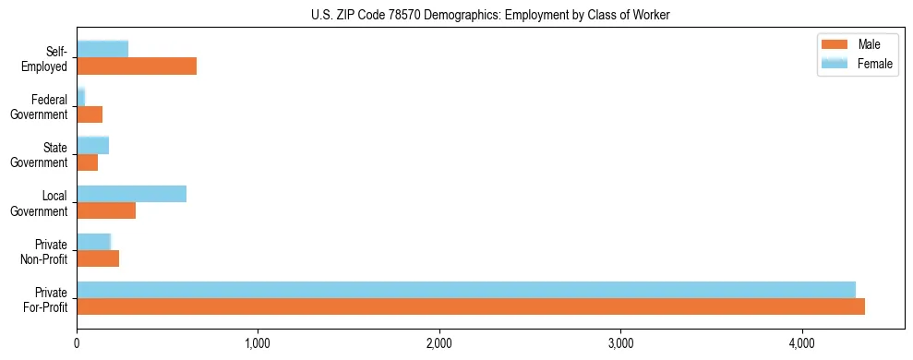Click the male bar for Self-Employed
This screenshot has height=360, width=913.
tap(137, 66)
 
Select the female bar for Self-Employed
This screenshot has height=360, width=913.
tap(102, 49)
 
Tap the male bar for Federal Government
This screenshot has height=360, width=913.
tap(90, 114)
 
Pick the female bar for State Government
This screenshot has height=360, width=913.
tap(92, 145)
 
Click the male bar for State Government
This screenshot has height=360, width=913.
tap(87, 162)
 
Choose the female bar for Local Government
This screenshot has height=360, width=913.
tap(131, 193)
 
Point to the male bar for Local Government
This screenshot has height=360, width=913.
tap(106, 210)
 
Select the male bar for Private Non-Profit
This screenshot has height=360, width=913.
tap(98, 258)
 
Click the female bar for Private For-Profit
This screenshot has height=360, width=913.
tap(466, 289)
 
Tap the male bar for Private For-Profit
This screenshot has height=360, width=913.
tap(471, 306)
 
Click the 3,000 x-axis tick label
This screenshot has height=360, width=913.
tap(620, 343)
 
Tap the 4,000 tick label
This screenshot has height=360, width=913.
tap(802, 343)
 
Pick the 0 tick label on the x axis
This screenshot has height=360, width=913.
tap(77, 343)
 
